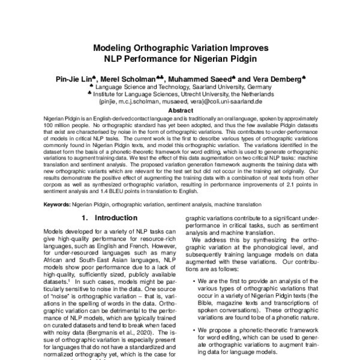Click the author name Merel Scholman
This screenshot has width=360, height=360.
click(134, 79)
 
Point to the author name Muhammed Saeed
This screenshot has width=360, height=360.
click(201, 79)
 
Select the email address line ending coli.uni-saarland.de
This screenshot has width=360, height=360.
click(180, 102)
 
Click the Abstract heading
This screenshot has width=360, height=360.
click(180, 110)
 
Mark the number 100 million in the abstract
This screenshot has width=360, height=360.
click(60, 127)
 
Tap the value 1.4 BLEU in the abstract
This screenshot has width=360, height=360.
click(131, 193)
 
